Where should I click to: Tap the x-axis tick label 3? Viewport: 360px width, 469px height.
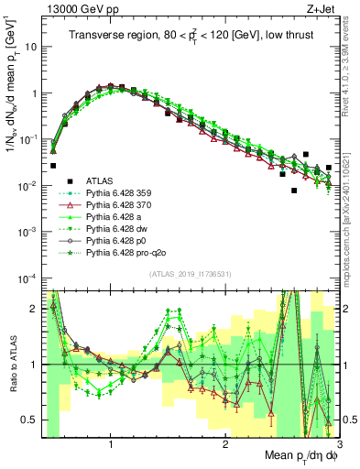[x=338, y=442]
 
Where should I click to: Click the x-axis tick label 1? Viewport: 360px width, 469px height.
[x=110, y=442]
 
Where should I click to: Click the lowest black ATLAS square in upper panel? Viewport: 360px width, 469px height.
[x=294, y=191]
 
